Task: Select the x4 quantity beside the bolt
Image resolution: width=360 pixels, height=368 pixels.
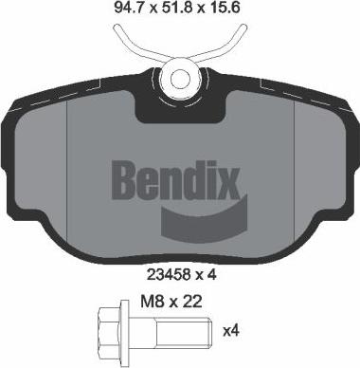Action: tap(229, 332)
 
